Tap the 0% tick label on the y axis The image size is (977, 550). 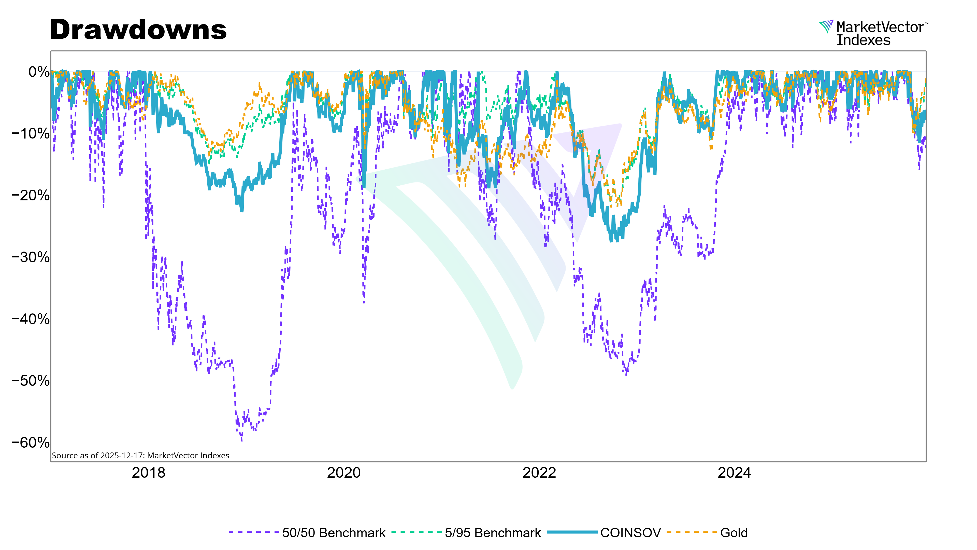coord(39,72)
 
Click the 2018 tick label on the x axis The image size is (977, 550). coord(148,473)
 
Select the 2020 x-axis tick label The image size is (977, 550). coord(344,473)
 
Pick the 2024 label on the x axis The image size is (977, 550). coord(734,473)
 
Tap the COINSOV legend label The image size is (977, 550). coord(630,533)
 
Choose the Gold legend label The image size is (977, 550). coord(734,533)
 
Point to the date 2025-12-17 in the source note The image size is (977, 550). coord(123,456)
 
